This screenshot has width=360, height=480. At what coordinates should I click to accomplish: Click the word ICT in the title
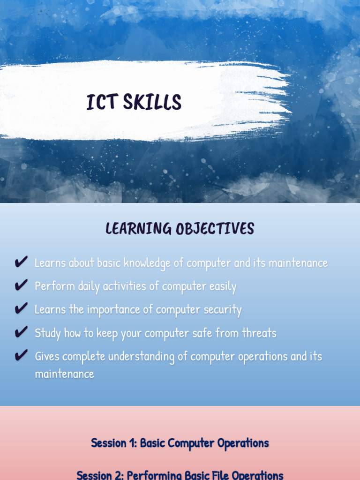point(101,102)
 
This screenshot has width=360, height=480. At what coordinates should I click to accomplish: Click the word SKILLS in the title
point(152,102)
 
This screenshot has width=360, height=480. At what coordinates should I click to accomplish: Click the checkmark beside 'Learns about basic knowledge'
point(21,262)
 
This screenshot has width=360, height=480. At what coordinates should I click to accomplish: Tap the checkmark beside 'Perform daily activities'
point(21,285)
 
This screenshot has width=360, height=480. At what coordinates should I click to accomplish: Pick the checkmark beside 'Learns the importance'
point(21,309)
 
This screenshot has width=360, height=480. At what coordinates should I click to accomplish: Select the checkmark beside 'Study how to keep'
point(21,332)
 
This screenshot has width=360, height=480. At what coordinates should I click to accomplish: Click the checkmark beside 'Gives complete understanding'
point(21,356)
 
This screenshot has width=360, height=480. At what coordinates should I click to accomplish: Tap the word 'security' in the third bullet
point(224,310)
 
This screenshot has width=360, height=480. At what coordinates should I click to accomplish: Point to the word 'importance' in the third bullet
point(120,310)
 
